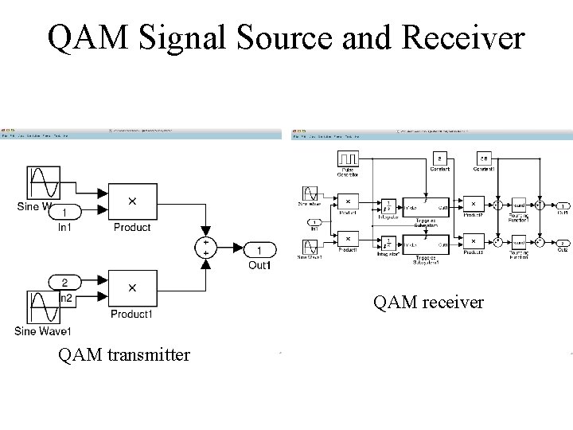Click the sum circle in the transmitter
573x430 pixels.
pos(206,248)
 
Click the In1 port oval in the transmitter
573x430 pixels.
pos(68,211)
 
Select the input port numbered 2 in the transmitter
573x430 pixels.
pos(68,281)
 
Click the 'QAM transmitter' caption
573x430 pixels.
pos(124,355)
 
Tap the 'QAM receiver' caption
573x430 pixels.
pos(429,302)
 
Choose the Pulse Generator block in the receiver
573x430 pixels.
pos(349,159)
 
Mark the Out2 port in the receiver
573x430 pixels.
pos(563,242)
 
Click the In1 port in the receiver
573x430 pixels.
pos(316,222)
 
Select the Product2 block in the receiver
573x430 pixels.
pos(473,204)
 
